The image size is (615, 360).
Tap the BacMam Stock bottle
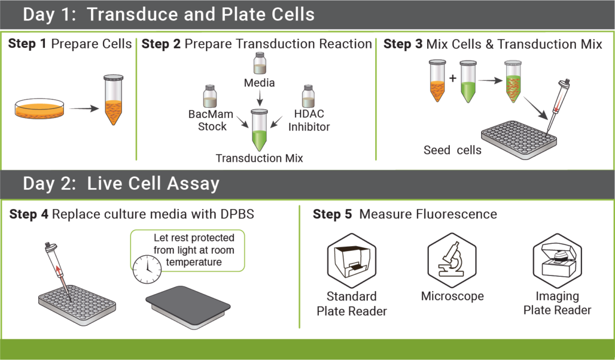pos(210,95)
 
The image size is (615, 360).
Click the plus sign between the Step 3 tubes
pos(453,77)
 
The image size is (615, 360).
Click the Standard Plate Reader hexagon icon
pos(351,260)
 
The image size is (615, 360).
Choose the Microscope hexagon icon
pos(452,260)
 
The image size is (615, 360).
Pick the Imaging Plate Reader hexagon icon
pos(557,260)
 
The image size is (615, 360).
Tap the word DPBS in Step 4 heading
pos(235,214)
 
